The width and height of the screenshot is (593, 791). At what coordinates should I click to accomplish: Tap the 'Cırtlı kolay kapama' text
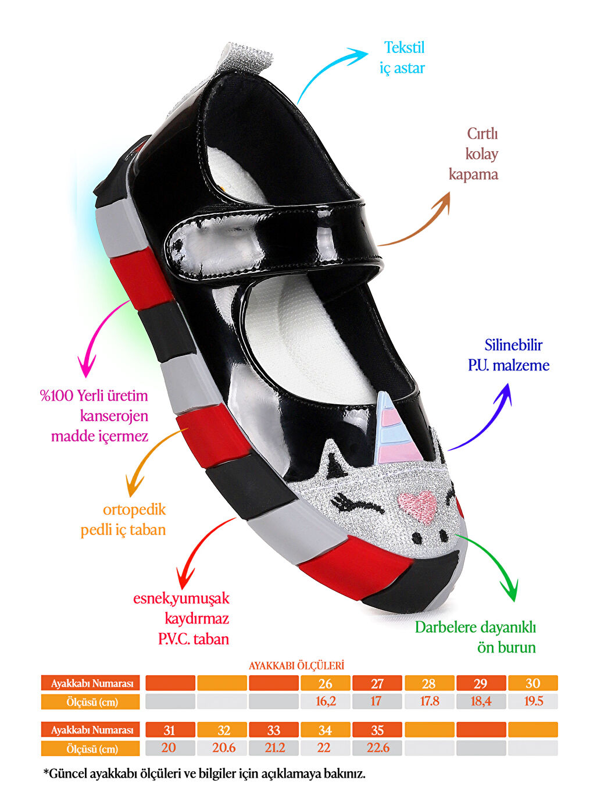coord(474,154)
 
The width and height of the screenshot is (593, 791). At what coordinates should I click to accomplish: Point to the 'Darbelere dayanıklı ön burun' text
coord(476,637)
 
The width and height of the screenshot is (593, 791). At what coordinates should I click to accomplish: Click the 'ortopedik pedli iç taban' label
coord(123,519)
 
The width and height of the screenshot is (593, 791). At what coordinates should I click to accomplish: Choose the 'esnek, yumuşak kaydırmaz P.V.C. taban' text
coord(181,618)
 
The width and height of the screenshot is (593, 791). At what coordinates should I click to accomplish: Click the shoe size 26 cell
coord(326,683)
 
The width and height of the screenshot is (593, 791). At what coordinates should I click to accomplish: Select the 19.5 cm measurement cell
coord(533,701)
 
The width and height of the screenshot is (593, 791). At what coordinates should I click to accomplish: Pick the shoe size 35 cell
coord(377,730)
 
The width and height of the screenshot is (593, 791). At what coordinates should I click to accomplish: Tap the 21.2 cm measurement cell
coord(274,748)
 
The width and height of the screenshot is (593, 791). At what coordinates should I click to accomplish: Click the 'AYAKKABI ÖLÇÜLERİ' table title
coord(296,665)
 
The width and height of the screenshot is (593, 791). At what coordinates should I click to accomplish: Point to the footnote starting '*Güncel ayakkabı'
coord(204,774)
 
